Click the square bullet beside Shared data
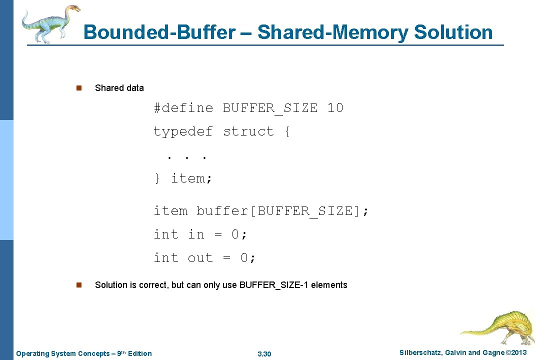pos(78,88)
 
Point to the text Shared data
pos(119,88)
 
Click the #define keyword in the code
pos(183,108)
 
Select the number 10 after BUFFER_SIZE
pos(335,108)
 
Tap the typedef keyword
pos(183,131)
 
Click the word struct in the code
pos(248,131)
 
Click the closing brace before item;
pos(156,178)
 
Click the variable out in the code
pos(200,258)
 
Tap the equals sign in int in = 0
pos(218,234)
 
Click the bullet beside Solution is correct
pos(78,285)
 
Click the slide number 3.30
pos(264,354)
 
